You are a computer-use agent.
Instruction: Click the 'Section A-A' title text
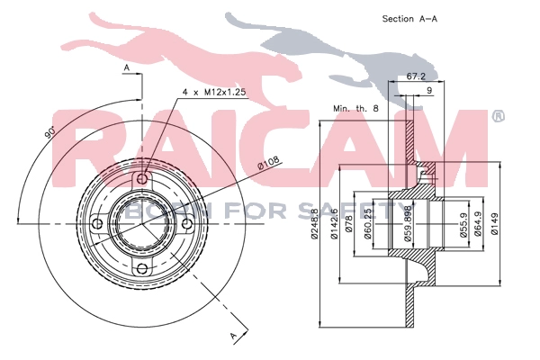(x=409, y=19)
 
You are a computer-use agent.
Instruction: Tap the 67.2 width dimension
(x=416, y=76)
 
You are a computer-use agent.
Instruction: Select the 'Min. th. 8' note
(x=355, y=109)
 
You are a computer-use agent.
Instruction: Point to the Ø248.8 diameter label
(x=314, y=224)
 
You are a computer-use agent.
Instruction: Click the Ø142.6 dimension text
(x=333, y=224)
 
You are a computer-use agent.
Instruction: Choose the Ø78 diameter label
(x=349, y=224)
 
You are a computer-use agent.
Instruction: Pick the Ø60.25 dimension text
(x=367, y=224)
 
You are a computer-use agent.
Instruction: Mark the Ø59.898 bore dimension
(x=409, y=224)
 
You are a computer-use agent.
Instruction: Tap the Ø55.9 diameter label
(x=463, y=224)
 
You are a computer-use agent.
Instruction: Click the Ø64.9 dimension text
(x=478, y=224)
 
